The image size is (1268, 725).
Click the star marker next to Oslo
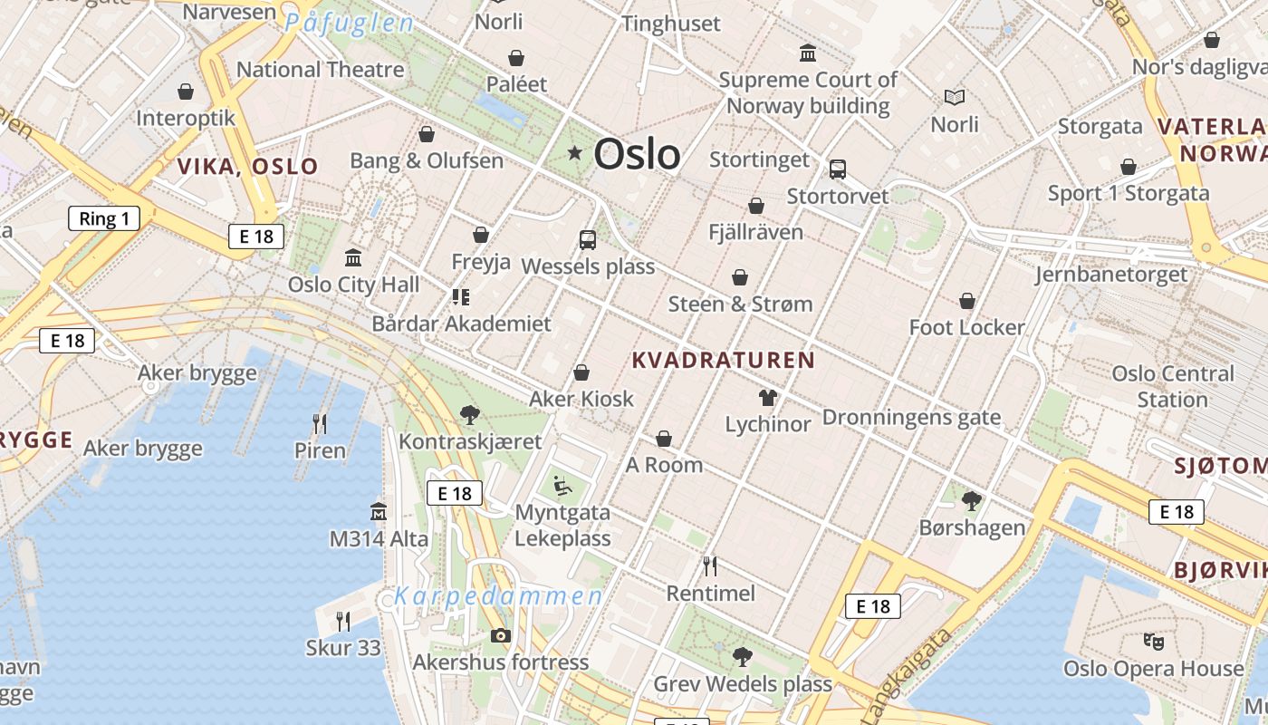[x=574, y=153]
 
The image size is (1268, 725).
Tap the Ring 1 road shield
[x=104, y=218]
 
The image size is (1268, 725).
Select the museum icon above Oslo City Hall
[x=353, y=258]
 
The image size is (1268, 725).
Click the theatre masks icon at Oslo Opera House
[x=1153, y=642]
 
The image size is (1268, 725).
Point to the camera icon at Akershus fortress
[x=500, y=635]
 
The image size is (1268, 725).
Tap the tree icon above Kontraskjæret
[x=469, y=415]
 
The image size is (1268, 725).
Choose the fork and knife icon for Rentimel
[x=710, y=566]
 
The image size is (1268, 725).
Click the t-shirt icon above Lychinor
[x=768, y=397]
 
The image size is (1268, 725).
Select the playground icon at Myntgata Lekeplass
[x=562, y=487]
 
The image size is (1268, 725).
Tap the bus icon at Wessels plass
[x=588, y=240]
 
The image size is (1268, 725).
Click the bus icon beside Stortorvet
[x=838, y=169]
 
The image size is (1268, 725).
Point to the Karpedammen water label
[x=498, y=597]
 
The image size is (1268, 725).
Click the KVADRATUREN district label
[x=723, y=361]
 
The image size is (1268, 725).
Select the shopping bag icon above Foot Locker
[x=967, y=301]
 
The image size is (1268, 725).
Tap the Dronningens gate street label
[x=911, y=418]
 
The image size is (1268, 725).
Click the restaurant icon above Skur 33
[x=343, y=621]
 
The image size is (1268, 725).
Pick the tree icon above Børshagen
[x=972, y=500]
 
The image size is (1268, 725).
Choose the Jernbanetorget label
[x=1111, y=275]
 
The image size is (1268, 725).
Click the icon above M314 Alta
[x=379, y=512]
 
